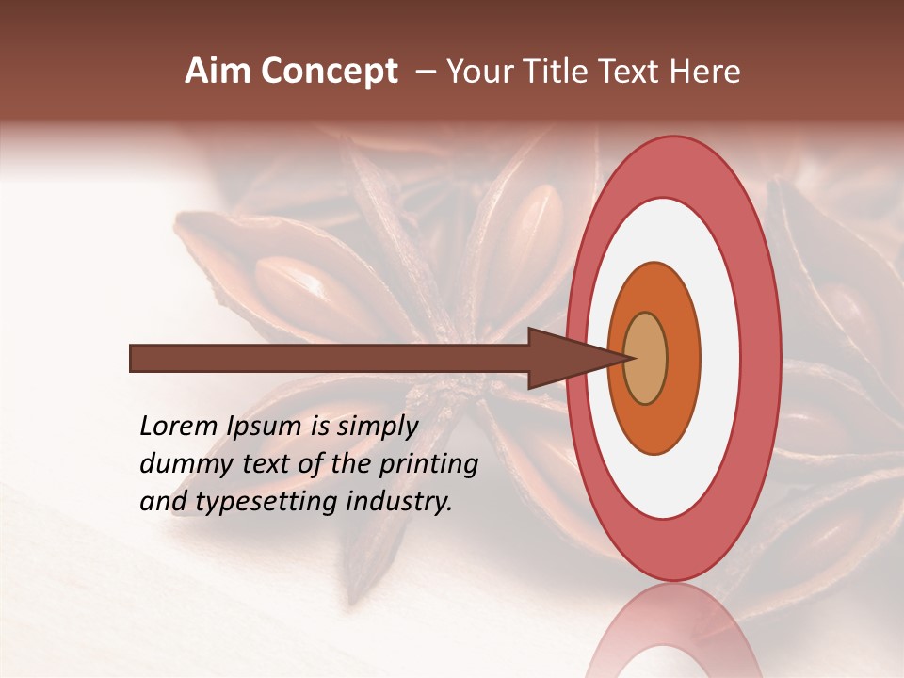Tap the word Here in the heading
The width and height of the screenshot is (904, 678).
pyautogui.click(x=704, y=71)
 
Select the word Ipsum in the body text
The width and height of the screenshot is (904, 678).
pyautogui.click(x=266, y=428)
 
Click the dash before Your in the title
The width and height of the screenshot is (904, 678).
pyautogui.click(x=425, y=72)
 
